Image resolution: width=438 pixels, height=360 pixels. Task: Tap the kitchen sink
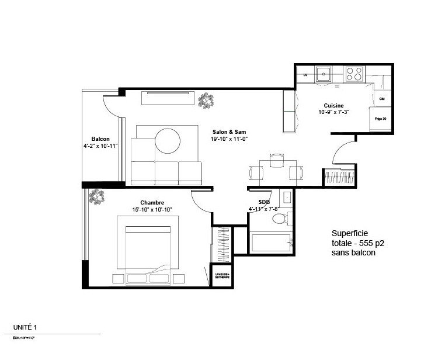pyautogui.click(x=324, y=74)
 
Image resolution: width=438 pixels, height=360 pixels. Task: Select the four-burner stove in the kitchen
pyautogui.click(x=353, y=74)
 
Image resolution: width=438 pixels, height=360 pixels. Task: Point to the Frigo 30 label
pyautogui.click(x=381, y=118)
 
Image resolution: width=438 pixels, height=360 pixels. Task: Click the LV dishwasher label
pyautogui.click(x=304, y=75)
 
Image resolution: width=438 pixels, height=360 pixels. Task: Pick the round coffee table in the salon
pyautogui.click(x=168, y=141)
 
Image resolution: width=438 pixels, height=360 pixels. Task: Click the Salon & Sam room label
pyautogui.click(x=225, y=131)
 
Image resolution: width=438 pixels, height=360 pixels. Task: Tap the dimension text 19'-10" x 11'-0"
pyautogui.click(x=225, y=139)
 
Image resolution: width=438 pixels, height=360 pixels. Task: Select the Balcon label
pyautogui.click(x=100, y=139)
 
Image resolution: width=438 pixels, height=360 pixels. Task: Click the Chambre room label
pyautogui.click(x=151, y=202)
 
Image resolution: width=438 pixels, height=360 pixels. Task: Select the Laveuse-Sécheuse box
pyautogui.click(x=221, y=275)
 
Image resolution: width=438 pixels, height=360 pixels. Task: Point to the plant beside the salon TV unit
pyautogui.click(x=204, y=101)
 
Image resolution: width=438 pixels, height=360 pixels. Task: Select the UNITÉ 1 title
pyautogui.click(x=27, y=329)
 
